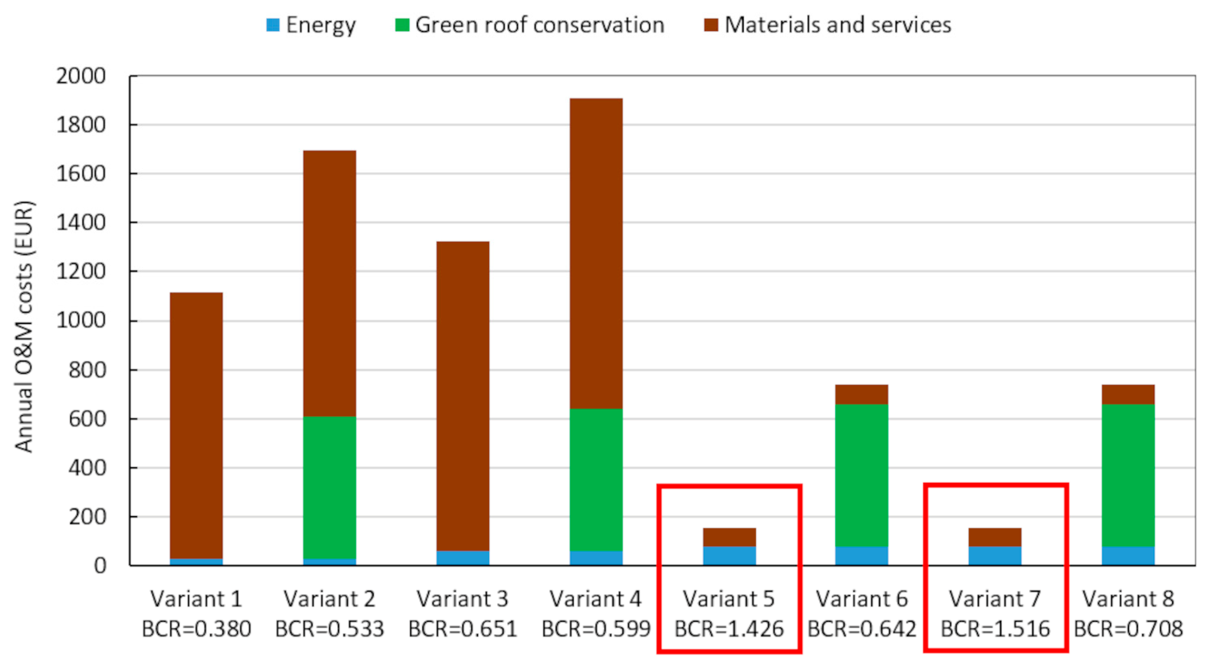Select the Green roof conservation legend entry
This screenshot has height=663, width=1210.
click(x=530, y=25)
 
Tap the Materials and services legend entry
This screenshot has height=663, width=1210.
click(x=828, y=25)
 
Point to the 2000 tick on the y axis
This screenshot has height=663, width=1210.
click(x=81, y=76)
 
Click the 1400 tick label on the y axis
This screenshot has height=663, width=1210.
click(x=81, y=223)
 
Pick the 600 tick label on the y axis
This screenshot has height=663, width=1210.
click(x=87, y=419)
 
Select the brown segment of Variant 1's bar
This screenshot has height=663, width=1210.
click(x=196, y=425)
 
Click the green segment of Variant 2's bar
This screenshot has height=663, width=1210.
click(x=329, y=487)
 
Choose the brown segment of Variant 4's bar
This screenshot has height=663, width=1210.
click(x=596, y=253)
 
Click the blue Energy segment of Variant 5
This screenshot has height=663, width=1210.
click(x=730, y=555)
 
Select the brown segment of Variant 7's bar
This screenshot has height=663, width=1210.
click(x=995, y=537)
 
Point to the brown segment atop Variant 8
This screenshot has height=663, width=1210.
click(x=1128, y=394)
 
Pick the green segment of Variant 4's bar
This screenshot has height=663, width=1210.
click(x=596, y=479)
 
